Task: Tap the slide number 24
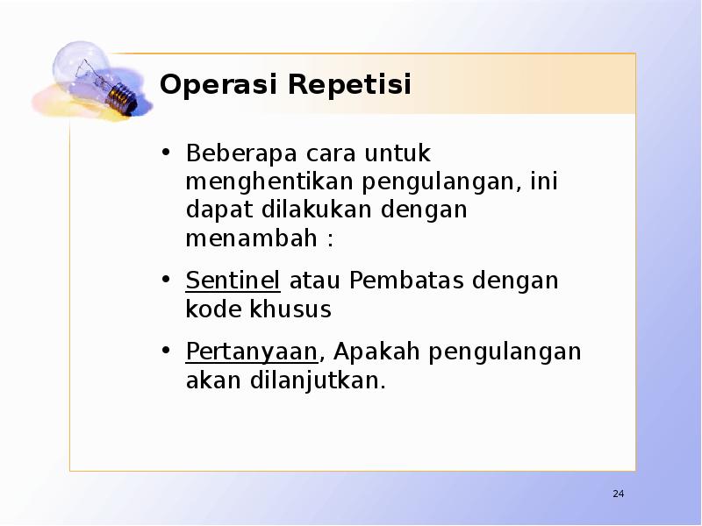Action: tap(618, 495)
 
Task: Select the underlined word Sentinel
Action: tap(233, 281)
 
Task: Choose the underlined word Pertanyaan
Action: tap(251, 352)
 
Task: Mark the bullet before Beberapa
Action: tap(166, 154)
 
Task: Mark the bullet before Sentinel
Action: tap(166, 281)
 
